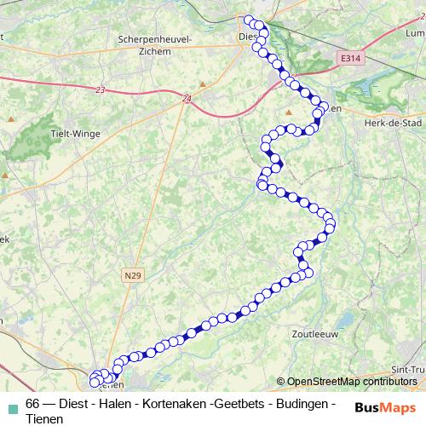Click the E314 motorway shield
(348, 58)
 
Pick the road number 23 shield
(101, 90)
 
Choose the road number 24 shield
(187, 99)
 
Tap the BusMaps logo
(385, 406)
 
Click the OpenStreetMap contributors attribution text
(350, 382)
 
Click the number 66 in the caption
(33, 403)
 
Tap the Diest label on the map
(248, 37)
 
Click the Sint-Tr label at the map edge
(407, 370)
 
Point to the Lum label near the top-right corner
(414, 33)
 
